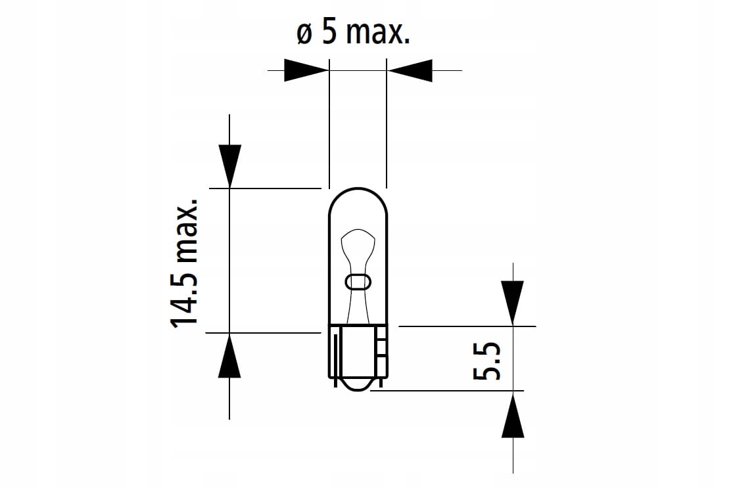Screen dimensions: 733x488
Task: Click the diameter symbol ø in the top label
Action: coord(304,35)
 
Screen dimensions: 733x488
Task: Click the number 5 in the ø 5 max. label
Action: coord(329,32)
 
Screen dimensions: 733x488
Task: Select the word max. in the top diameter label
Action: coord(378,33)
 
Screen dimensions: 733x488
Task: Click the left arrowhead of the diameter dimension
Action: coord(306,70)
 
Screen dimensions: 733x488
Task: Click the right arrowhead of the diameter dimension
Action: coord(410,70)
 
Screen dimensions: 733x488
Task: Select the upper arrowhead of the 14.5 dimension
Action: coord(229,166)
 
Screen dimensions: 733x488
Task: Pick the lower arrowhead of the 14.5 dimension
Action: coord(229,355)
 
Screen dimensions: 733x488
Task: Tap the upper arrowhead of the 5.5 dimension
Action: coord(512,303)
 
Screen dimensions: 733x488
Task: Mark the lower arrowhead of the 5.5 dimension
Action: coord(512,414)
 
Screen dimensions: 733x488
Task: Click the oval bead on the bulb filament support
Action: coord(358,282)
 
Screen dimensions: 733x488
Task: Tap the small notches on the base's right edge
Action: coord(383,348)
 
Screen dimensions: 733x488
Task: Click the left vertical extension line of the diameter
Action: coord(329,123)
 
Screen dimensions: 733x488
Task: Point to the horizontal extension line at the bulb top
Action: coord(266,189)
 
